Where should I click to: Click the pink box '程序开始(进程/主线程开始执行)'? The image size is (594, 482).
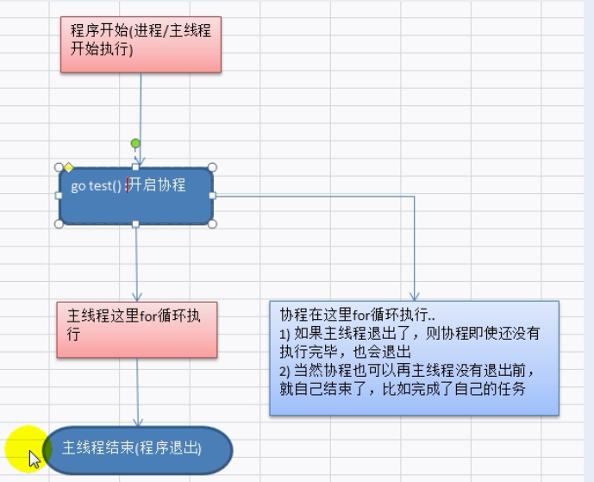click(141, 43)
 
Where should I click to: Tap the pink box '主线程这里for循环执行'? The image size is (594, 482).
click(136, 329)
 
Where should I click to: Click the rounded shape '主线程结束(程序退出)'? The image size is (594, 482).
click(138, 449)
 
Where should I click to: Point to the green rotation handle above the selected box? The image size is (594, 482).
click(135, 143)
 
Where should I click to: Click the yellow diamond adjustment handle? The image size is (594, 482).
click(68, 167)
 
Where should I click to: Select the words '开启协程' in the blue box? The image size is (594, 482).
click(157, 185)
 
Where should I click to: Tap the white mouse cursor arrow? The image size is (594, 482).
click(34, 458)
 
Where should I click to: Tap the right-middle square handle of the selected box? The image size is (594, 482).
click(213, 196)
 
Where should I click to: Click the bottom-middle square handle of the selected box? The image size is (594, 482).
click(135, 224)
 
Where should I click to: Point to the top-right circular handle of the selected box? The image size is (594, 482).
click(213, 167)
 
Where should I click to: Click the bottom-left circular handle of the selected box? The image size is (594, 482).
click(59, 224)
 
